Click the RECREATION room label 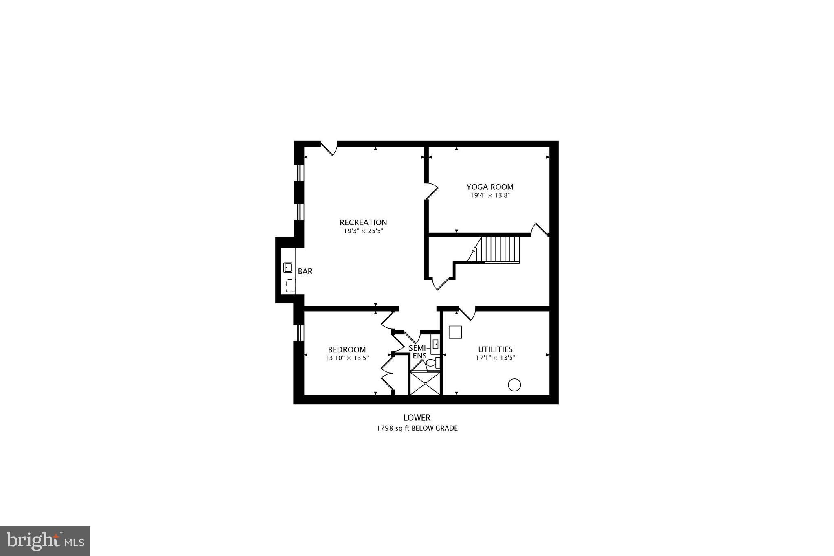coord(363,222)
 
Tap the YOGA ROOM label coord(490,187)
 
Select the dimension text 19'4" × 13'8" coord(490,196)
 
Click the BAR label coord(305,271)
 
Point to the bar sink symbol coord(288,268)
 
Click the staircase coord(500,250)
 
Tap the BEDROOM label coord(347,349)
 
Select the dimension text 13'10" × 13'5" coord(347,358)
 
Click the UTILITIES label coord(495,349)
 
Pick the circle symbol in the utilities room coord(514,385)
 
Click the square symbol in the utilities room coord(455,332)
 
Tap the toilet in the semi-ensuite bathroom coord(432,363)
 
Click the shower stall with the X coord(425,383)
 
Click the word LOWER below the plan coord(417,418)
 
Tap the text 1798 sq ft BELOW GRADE coord(417,428)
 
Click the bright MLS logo coord(45,541)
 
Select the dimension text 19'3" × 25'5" coord(363,231)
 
